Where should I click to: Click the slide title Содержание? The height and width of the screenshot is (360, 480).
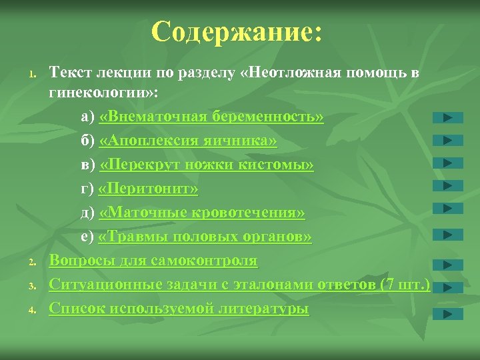pos(237,33)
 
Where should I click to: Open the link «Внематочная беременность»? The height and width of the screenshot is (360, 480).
pos(211,117)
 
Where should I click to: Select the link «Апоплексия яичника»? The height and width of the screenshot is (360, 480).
pos(188,141)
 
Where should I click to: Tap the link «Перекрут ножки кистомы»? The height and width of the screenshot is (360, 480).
pos(207,165)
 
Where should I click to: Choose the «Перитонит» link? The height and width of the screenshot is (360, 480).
pos(148,189)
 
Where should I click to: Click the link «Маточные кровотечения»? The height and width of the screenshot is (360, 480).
pos(202,213)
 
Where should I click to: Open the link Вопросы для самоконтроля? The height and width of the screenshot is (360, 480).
pos(153,260)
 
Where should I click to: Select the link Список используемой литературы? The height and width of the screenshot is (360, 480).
pos(179,308)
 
